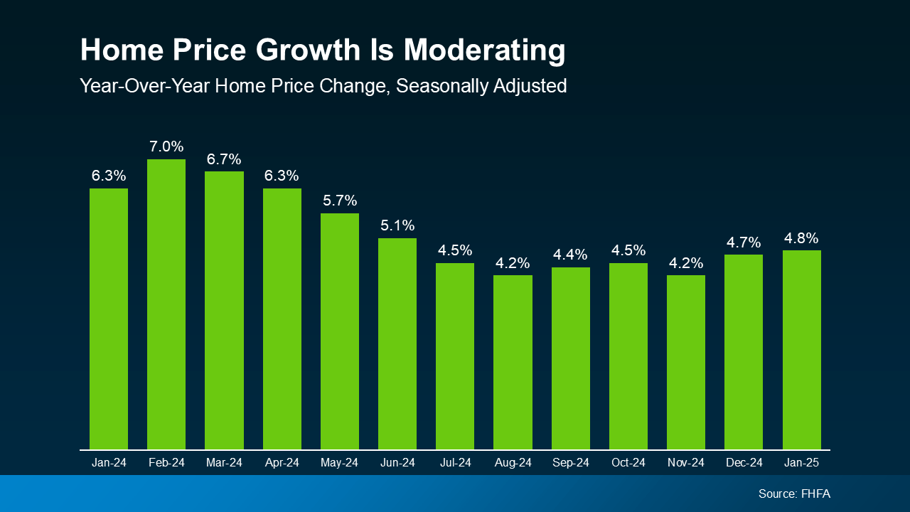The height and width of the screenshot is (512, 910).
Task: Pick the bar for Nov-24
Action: tap(686, 362)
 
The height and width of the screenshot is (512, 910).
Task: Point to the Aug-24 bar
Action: tap(513, 362)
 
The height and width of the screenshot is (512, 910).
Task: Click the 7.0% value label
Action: tap(166, 147)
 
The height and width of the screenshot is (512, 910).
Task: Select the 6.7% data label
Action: tap(224, 159)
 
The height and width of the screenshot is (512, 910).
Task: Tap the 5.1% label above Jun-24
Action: tap(397, 225)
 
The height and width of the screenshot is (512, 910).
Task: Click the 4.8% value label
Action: tap(801, 238)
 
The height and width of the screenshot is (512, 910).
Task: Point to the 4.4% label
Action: tap(570, 255)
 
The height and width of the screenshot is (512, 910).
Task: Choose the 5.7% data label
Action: tap(340, 201)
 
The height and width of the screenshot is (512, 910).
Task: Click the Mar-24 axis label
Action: tap(224, 463)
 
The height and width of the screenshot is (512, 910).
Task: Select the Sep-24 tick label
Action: tap(570, 463)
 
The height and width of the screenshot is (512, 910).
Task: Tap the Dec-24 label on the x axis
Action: tap(744, 463)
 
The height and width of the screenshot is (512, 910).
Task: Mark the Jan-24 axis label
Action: tap(109, 463)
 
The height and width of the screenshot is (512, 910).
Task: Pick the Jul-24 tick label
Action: tap(455, 463)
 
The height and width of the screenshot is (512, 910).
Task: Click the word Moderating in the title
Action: tap(485, 51)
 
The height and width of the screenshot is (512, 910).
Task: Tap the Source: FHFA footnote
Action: tap(794, 494)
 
